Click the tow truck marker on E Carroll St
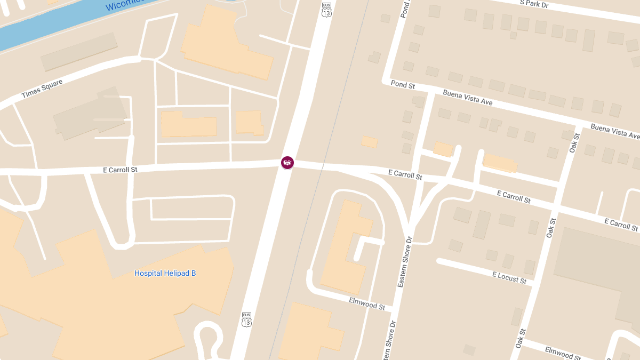click(x=287, y=162)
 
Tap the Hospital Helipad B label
click(x=165, y=273)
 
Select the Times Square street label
click(x=42, y=89)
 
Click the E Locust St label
click(x=509, y=277)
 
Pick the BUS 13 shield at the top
click(x=326, y=10)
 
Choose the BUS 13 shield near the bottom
click(x=246, y=319)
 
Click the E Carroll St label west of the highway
click(x=120, y=170)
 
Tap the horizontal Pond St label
click(x=403, y=84)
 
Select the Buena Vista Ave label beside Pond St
click(x=468, y=98)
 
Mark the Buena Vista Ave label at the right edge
click(x=614, y=131)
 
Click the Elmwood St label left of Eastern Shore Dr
click(x=367, y=303)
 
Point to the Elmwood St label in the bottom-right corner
click(x=563, y=353)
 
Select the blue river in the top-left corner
click(x=32, y=27)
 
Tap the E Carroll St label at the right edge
click(x=621, y=224)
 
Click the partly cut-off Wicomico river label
click(x=125, y=5)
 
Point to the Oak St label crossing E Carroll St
click(x=551, y=227)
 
